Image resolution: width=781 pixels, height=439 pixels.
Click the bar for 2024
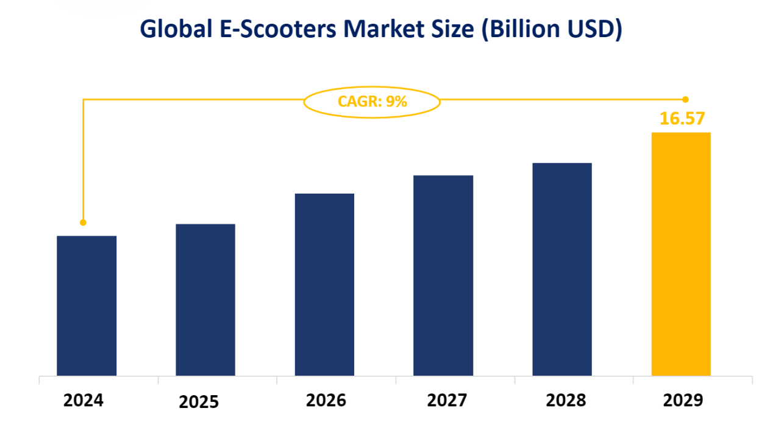[x=87, y=306]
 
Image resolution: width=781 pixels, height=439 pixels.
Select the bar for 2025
[x=205, y=300]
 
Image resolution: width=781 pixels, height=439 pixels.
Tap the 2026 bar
[x=324, y=284]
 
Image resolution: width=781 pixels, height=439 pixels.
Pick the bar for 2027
[x=443, y=275]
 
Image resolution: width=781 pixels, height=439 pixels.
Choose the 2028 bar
[x=562, y=269]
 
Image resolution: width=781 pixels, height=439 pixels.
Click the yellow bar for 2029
[x=681, y=254]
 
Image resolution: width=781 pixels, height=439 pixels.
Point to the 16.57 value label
[x=680, y=118]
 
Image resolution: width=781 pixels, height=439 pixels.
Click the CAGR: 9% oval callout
[x=372, y=101]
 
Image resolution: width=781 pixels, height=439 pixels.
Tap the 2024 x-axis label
[x=84, y=400]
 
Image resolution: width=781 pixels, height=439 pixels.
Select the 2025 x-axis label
[x=199, y=402]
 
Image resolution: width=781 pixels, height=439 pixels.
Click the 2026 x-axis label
[x=326, y=400]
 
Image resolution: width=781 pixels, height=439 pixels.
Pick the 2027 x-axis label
[x=447, y=400]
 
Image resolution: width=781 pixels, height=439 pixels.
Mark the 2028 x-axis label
[x=566, y=400]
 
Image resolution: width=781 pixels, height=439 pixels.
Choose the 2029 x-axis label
[x=683, y=400]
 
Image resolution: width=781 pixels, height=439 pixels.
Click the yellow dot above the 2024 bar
[x=83, y=222]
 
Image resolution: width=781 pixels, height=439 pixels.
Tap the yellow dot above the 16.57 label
[x=685, y=99]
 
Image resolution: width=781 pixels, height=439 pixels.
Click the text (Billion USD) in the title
[x=552, y=29]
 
